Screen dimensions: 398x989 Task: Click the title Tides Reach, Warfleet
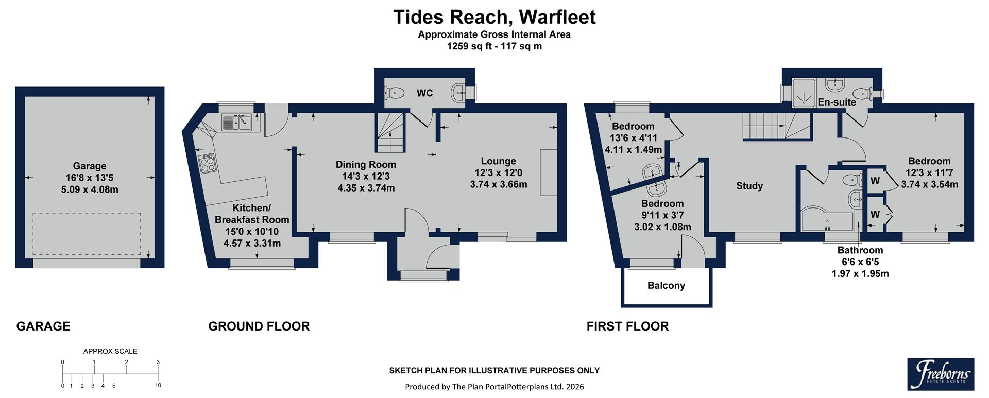pyautogui.click(x=494, y=17)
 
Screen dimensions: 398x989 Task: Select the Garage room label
pyautogui.click(x=90, y=166)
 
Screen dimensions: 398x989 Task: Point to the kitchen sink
pyautogui.click(x=236, y=123)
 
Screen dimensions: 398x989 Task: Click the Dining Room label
pyautogui.click(x=366, y=165)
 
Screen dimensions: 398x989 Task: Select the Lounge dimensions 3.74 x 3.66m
pyautogui.click(x=498, y=184)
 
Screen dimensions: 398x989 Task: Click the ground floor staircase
pyautogui.click(x=389, y=133)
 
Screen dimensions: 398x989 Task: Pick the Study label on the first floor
pyautogui.click(x=749, y=186)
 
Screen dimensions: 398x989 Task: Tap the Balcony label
pyautogui.click(x=666, y=285)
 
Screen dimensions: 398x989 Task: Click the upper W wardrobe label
pyautogui.click(x=875, y=181)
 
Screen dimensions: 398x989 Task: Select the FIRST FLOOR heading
pyautogui.click(x=627, y=326)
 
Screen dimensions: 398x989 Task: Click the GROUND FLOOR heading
pyautogui.click(x=259, y=326)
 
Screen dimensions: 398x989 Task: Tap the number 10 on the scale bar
pyautogui.click(x=158, y=385)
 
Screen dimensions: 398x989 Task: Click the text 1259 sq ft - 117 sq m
pyautogui.click(x=494, y=46)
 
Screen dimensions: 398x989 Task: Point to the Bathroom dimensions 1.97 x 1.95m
pyautogui.click(x=860, y=273)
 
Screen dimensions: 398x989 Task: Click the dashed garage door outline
pyautogui.click(x=87, y=234)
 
